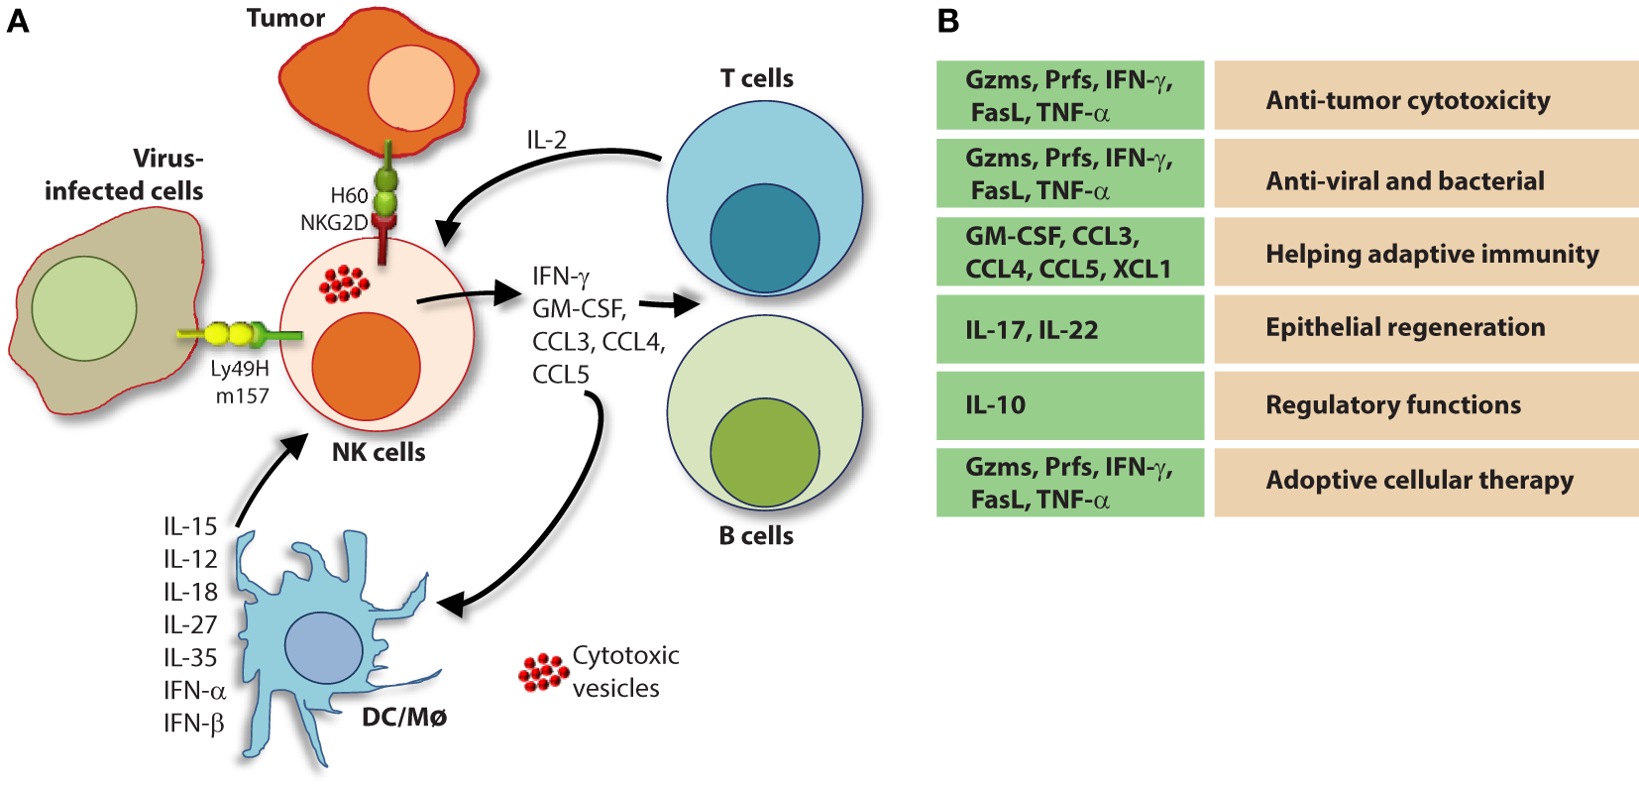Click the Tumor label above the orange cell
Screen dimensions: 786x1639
tap(285, 18)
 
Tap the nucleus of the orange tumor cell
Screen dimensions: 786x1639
tap(410, 88)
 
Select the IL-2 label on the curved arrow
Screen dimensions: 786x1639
tap(546, 141)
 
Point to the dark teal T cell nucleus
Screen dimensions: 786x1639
tap(764, 238)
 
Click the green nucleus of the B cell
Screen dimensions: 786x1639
tap(764, 452)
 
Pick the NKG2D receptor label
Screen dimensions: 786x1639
tap(334, 223)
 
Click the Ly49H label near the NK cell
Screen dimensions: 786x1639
tap(240, 369)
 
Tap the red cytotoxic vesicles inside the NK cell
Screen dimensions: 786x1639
tap(344, 282)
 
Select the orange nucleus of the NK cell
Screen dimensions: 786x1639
tap(366, 366)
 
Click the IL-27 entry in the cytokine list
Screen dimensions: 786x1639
tap(190, 624)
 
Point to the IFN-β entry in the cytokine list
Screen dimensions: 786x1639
tap(194, 724)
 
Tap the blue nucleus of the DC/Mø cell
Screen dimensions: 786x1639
tap(323, 648)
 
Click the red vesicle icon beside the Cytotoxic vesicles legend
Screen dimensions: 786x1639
tap(543, 672)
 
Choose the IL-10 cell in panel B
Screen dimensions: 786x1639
tap(1069, 405)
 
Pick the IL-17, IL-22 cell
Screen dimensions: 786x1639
tap(1069, 330)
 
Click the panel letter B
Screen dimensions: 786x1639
tap(948, 21)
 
